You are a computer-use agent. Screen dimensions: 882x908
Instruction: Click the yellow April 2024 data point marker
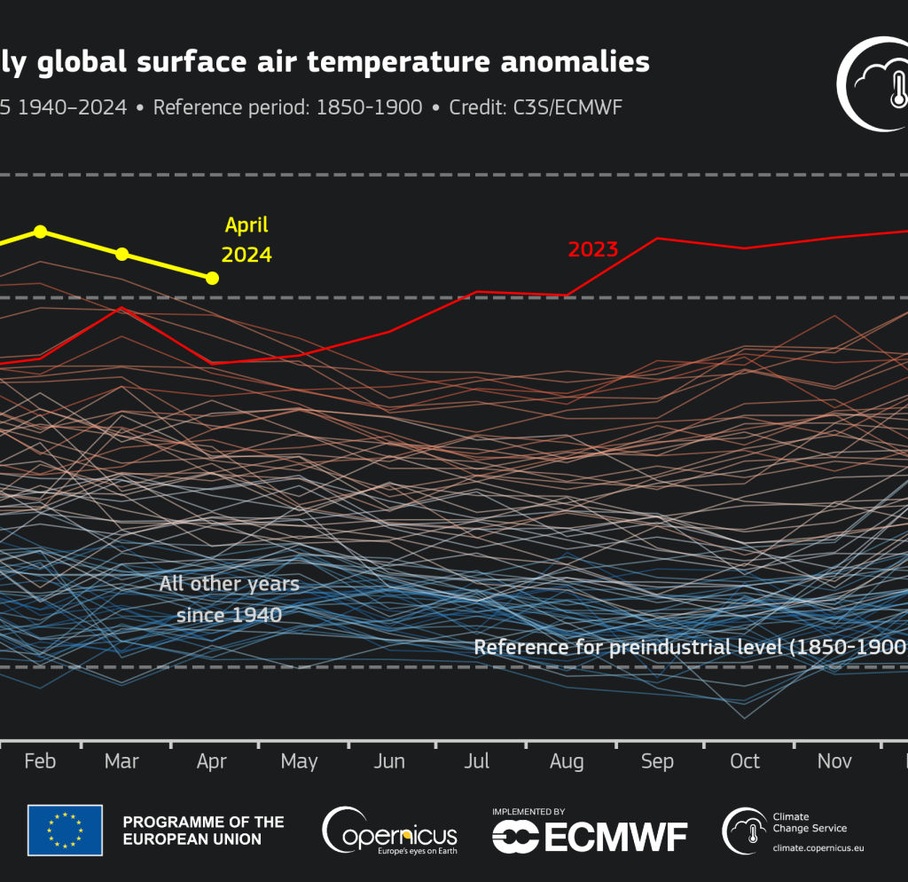point(212,279)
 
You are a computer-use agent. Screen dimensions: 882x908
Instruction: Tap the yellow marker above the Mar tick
point(122,255)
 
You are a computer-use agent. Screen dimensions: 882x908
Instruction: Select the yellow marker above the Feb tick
point(40,232)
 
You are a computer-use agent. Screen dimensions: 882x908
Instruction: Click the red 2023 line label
point(592,249)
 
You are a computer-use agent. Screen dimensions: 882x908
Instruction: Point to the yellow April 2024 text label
point(246,240)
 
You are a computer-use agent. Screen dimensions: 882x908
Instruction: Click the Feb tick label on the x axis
point(40,761)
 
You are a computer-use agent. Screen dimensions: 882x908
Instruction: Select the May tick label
point(299,761)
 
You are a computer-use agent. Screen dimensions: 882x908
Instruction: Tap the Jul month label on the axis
point(477,761)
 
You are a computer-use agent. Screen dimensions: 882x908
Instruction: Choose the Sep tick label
point(657,761)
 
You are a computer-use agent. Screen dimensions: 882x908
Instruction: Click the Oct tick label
point(745,761)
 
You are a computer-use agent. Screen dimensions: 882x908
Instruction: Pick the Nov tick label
point(834,761)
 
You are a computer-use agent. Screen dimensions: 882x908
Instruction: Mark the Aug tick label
point(567,761)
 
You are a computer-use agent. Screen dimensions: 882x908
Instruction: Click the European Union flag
point(65,830)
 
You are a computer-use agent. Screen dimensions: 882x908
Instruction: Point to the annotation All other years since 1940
point(229,599)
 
